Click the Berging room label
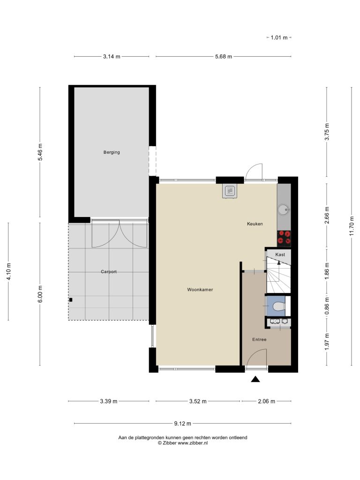click(x=112, y=152)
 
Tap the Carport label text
click(x=109, y=271)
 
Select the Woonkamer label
click(x=200, y=289)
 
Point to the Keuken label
click(x=255, y=224)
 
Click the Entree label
click(x=259, y=339)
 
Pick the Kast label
click(x=280, y=255)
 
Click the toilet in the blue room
click(x=278, y=306)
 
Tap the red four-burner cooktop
click(x=284, y=238)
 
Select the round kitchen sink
click(x=283, y=210)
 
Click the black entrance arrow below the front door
click(x=255, y=379)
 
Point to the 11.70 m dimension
click(x=352, y=226)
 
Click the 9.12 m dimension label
click(x=182, y=424)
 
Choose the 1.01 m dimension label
click(x=279, y=37)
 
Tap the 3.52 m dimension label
click(x=198, y=401)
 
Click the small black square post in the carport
click(x=71, y=300)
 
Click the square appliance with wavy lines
click(x=230, y=191)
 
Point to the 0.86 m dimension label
click(x=327, y=306)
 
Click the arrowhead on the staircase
click(x=278, y=262)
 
